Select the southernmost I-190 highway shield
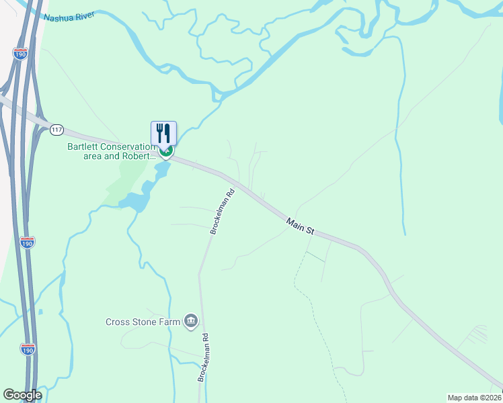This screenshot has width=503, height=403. pos(28,349)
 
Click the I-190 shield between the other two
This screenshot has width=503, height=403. pos(27,242)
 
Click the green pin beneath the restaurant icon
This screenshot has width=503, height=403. pos(166,152)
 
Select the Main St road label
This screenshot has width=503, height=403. pos(300,226)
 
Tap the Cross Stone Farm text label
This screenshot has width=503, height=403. pos(143,322)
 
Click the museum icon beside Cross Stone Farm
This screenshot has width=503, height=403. pos(190,321)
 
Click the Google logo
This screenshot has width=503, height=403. pos(22,395)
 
